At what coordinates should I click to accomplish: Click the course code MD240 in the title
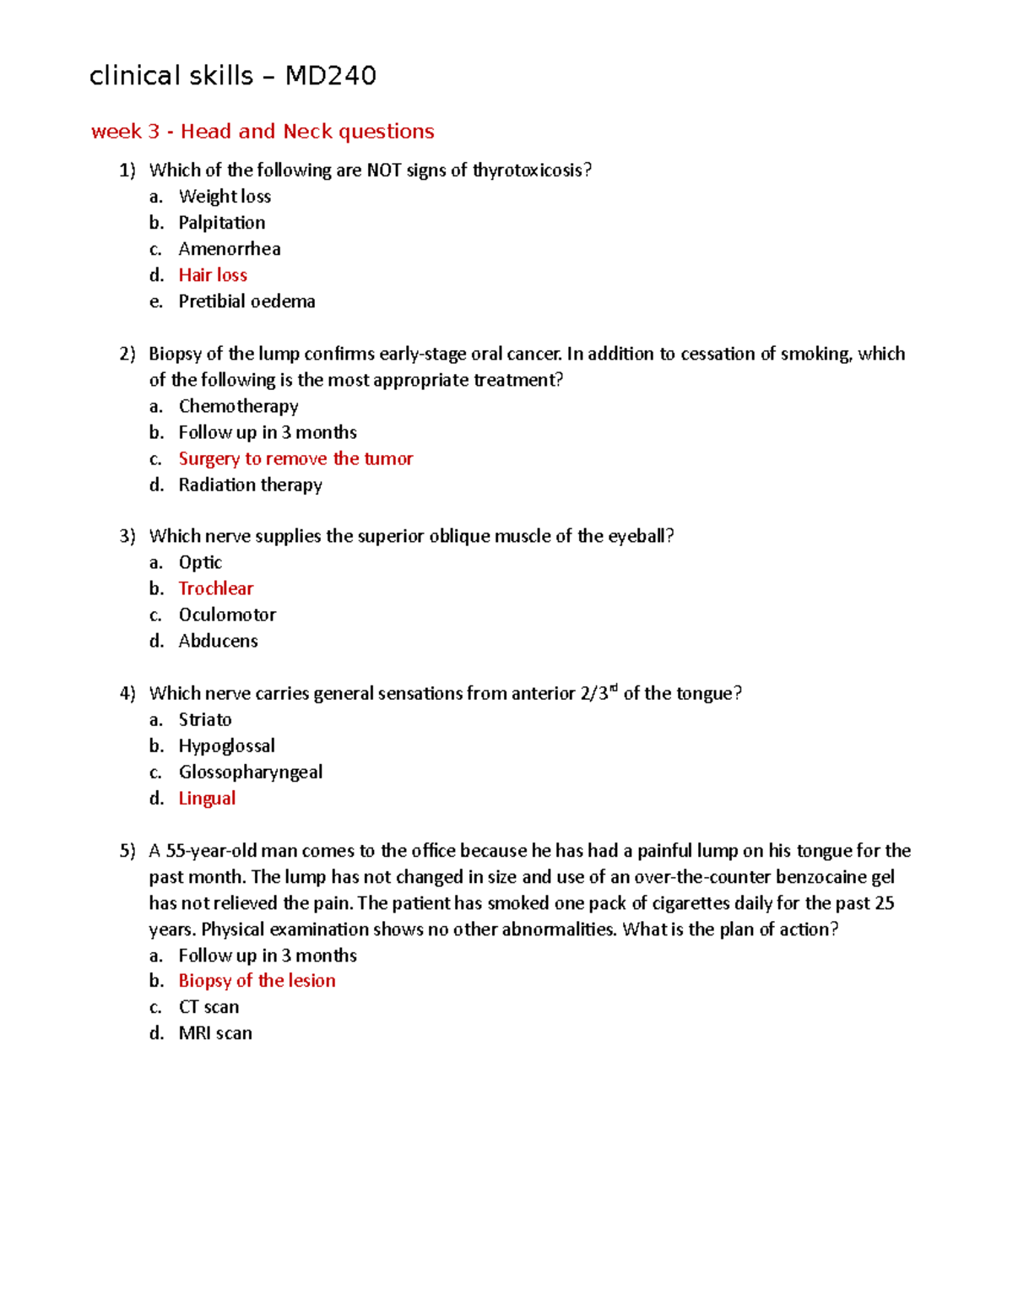click(330, 76)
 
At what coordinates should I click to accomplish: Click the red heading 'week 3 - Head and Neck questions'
click(263, 132)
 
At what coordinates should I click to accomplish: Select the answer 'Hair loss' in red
click(213, 275)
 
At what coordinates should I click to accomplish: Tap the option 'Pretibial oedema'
click(246, 301)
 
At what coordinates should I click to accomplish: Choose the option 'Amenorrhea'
click(230, 249)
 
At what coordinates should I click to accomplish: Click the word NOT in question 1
click(383, 171)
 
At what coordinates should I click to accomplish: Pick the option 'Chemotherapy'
click(238, 406)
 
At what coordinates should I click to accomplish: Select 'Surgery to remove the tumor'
click(295, 458)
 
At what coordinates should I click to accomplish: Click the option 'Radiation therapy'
click(250, 485)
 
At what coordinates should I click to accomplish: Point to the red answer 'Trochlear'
click(215, 588)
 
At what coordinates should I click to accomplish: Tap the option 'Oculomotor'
click(227, 615)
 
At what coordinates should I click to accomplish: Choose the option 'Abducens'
click(218, 641)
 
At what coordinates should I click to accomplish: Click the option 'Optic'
click(200, 562)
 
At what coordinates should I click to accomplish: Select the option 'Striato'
click(205, 719)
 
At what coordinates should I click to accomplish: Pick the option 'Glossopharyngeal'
click(250, 772)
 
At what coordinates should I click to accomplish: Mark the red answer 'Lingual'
click(207, 799)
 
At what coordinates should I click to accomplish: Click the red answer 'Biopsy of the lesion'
click(257, 981)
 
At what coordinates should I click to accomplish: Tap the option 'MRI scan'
click(215, 1033)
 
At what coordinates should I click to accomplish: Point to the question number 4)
click(127, 693)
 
